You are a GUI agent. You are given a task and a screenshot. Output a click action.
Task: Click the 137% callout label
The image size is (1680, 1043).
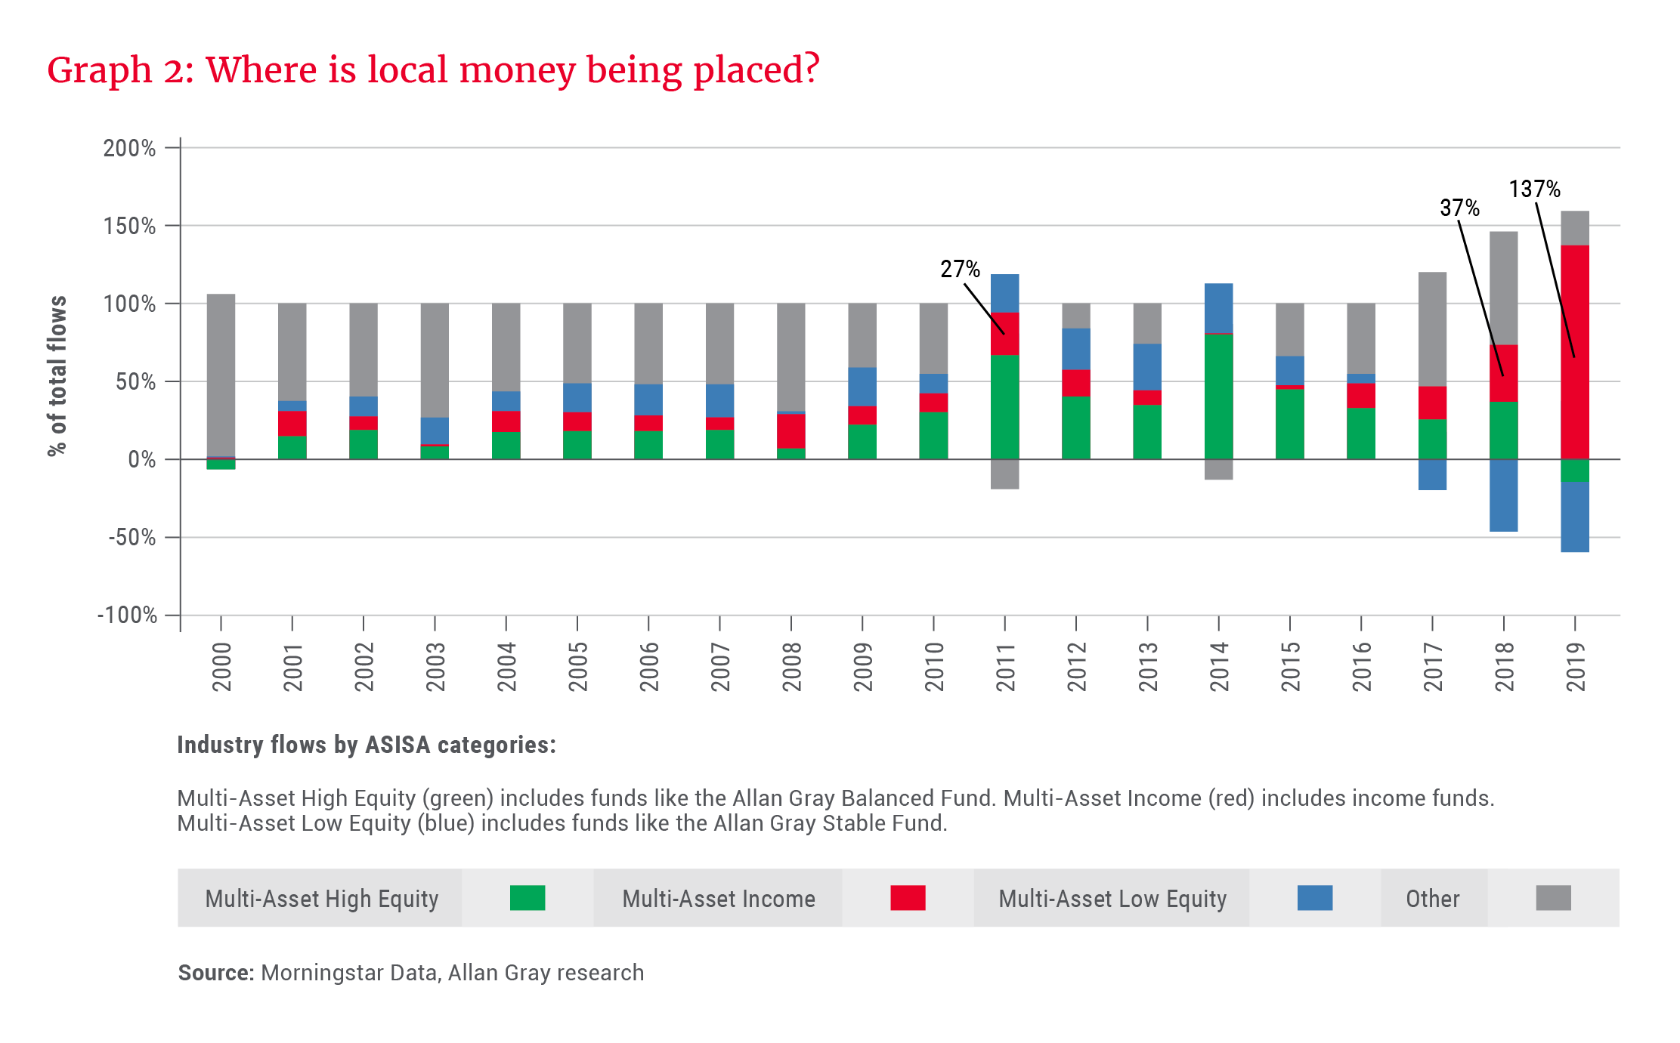[x=1534, y=189]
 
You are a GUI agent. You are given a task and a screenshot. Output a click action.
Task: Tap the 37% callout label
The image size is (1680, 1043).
[x=1459, y=208]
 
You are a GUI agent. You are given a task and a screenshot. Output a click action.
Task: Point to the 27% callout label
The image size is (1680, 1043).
[x=960, y=269]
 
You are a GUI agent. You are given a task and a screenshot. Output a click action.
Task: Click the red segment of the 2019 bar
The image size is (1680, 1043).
[x=1575, y=351]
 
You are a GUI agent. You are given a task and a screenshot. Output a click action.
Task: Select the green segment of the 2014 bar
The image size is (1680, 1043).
[x=1219, y=397]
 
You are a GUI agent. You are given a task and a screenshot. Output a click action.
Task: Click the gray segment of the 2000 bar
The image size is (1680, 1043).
[x=221, y=375]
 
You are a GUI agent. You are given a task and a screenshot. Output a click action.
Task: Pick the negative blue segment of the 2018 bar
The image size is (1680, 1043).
[x=1504, y=495]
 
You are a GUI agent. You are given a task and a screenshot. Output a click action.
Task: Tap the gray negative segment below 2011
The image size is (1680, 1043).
[x=1004, y=474]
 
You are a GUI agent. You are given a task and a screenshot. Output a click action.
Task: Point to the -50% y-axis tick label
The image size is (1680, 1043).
[x=132, y=538]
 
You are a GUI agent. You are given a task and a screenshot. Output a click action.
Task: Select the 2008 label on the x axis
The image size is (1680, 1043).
[x=791, y=667]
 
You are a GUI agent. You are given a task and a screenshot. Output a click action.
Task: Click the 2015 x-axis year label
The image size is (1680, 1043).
[x=1290, y=667]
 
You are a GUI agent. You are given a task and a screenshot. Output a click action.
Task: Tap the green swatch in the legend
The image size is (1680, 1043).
[x=528, y=898]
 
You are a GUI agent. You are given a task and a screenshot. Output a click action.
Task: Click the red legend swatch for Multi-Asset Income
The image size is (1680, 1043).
[x=908, y=898]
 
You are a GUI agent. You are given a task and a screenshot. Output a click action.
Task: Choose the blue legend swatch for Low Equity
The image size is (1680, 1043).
[x=1315, y=898]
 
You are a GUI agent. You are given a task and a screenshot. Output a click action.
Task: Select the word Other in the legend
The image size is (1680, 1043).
[x=1432, y=899]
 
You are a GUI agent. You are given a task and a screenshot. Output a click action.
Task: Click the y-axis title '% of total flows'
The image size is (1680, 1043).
[x=57, y=375]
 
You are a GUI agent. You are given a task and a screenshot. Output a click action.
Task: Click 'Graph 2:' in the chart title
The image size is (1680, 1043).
[x=121, y=70]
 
